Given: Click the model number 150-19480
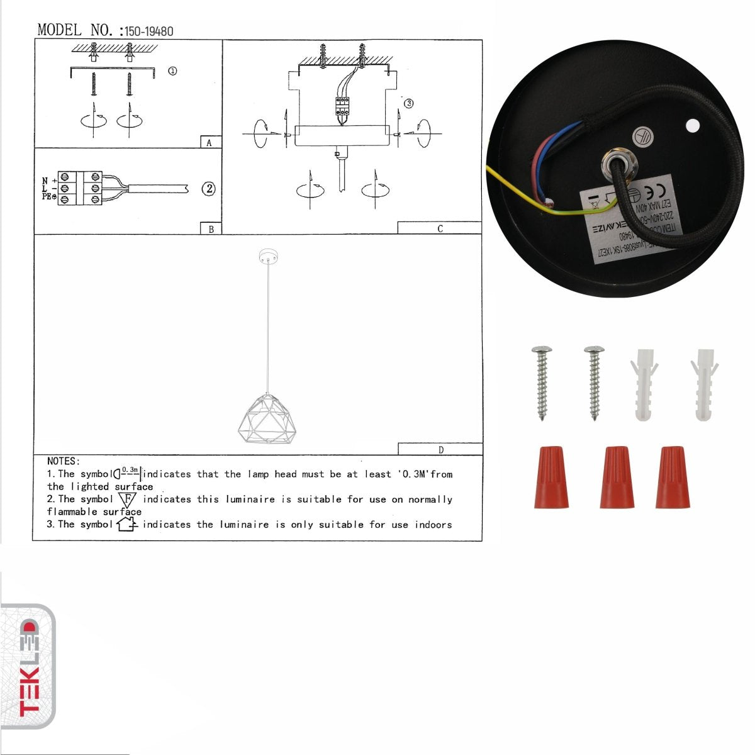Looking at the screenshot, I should point(149,31).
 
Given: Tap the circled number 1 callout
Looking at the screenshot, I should point(172,71).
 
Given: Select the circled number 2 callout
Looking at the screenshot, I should point(208,189).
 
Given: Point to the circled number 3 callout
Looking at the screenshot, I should point(408,103).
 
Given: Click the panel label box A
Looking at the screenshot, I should point(210,143).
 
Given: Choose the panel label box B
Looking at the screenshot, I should point(211,229).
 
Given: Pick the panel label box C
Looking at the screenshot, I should point(439,228).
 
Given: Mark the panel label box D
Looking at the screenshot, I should point(440,449).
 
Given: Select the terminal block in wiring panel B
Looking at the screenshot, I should point(80,187).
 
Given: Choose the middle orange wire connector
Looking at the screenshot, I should point(616,478).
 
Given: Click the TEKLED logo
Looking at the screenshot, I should point(28,667).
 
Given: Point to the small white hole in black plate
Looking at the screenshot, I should point(693,126).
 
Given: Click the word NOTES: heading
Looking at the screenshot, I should point(64,462).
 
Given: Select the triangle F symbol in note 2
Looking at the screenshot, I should point(128,500).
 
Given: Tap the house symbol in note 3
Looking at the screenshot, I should point(126,523).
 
